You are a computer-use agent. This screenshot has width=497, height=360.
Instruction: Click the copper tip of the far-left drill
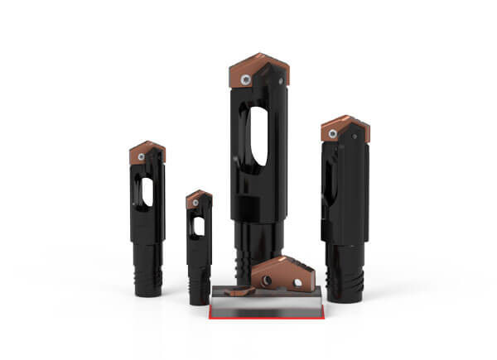[147, 151]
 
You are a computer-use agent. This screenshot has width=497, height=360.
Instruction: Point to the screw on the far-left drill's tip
[142, 156]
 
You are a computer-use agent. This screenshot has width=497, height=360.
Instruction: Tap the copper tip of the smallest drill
[199, 198]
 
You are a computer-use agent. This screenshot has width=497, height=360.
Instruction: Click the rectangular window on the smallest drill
[199, 225]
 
